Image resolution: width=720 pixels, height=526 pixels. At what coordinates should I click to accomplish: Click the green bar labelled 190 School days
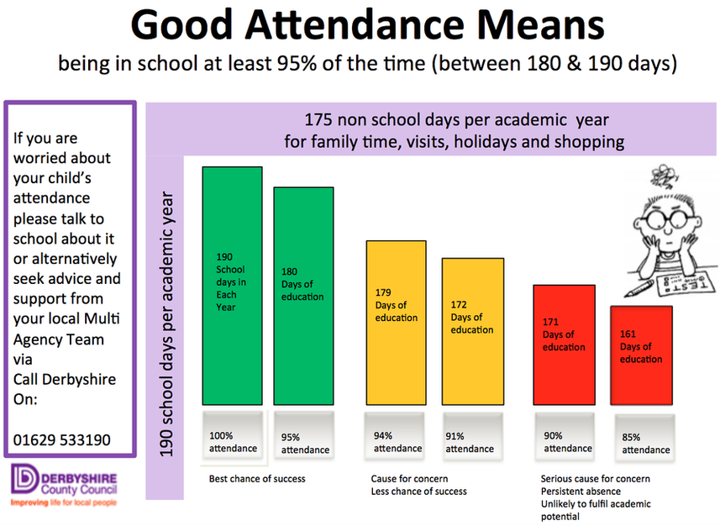(233, 286)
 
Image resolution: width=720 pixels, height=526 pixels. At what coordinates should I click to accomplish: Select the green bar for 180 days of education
(303, 296)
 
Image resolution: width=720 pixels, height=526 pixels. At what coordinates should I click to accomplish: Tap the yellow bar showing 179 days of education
(397, 323)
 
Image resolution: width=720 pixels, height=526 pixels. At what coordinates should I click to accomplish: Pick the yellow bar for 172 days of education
(473, 332)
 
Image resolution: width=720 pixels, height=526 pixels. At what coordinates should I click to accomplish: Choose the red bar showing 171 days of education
(565, 345)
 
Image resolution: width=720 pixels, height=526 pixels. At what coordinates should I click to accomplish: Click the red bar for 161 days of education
(642, 355)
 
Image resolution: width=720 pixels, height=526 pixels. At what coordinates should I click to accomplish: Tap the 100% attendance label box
(233, 435)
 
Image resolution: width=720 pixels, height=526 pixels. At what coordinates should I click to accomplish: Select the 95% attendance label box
(304, 436)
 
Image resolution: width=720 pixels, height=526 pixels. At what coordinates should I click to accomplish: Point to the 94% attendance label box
(395, 436)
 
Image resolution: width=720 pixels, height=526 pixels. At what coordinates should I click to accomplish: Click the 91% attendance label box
(473, 436)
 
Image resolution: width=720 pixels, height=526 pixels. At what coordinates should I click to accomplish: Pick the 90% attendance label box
(565, 436)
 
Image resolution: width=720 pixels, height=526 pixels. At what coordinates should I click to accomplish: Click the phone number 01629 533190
(62, 440)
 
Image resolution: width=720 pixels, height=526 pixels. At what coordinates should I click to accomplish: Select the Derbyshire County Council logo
(64, 485)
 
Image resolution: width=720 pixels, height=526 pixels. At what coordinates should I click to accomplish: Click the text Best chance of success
(257, 479)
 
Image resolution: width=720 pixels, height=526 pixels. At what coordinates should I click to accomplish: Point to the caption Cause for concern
(410, 479)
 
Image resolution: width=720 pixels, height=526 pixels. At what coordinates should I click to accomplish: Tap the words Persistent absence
(581, 491)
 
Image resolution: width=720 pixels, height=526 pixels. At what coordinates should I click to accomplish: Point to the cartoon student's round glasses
(666, 218)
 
